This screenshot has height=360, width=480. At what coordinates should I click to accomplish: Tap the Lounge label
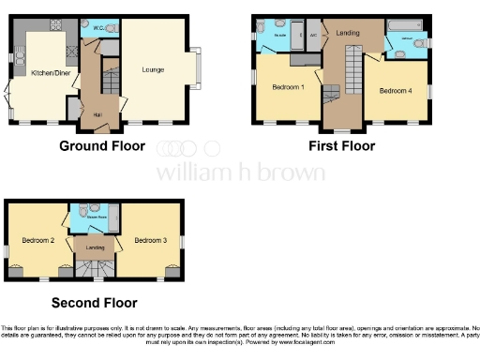[153, 69]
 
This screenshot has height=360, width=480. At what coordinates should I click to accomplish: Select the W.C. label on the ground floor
[97, 28]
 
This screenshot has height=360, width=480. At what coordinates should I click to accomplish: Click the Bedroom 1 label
[287, 87]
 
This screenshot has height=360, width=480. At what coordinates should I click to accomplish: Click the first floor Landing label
[348, 31]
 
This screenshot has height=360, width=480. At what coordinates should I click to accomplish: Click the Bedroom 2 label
[38, 241]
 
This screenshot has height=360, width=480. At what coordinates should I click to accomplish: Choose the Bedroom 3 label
[150, 241]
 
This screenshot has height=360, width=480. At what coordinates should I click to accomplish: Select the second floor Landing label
[95, 247]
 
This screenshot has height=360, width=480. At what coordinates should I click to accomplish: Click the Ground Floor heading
[102, 146]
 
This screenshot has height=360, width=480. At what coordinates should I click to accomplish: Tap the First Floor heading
[342, 146]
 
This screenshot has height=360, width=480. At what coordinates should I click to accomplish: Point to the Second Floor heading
[94, 303]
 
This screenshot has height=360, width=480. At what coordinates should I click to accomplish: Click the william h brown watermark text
[240, 172]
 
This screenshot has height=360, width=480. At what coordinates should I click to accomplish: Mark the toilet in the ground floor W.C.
[111, 29]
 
